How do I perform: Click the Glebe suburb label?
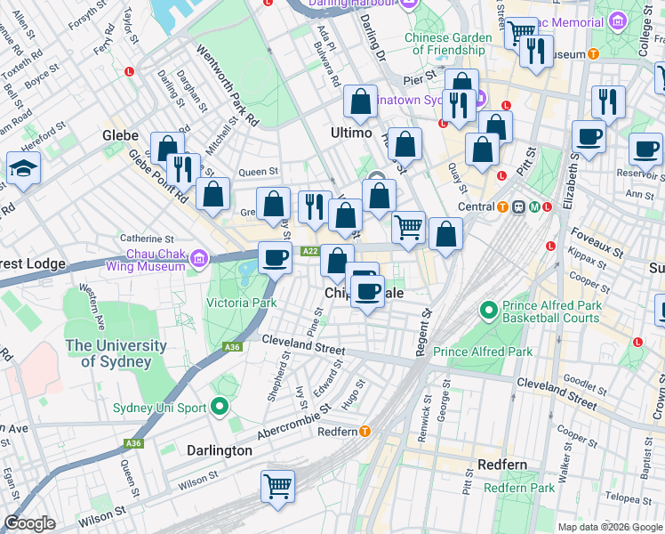120,135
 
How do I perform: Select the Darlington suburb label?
220,450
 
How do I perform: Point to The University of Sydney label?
116,353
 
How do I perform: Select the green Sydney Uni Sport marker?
220,409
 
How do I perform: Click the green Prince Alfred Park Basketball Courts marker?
487,311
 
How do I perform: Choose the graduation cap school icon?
22,168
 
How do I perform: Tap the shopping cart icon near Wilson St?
277,487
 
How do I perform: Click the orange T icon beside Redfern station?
365,432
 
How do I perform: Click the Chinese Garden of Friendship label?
448,44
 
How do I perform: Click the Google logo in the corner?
29,523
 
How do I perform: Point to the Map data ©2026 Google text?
609,527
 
